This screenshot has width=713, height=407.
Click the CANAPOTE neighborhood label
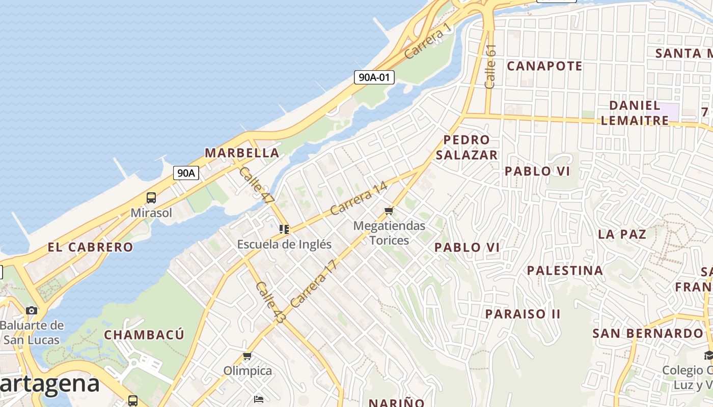[x=544, y=66]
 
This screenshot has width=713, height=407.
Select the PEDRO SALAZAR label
[x=467, y=147]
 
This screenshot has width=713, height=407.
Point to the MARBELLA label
[x=242, y=153]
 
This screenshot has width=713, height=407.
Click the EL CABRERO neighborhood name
[x=90, y=247]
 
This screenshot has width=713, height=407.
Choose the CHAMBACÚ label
[x=144, y=335]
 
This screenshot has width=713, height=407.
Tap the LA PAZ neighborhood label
[x=622, y=235]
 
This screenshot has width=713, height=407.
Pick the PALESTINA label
[x=565, y=270]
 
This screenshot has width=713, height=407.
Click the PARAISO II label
[x=523, y=314]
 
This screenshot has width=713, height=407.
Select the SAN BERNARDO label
[x=647, y=334]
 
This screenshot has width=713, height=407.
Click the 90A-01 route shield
[x=374, y=77]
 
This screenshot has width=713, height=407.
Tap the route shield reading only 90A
[x=186, y=173]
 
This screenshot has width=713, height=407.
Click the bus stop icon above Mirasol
[x=151, y=198]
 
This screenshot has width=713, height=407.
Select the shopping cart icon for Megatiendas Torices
[x=389, y=211]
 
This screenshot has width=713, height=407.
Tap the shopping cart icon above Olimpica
[x=248, y=356]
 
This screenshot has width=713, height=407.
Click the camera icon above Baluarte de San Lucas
[x=32, y=310]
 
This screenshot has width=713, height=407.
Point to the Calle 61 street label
[x=490, y=66]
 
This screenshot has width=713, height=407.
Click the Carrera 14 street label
[x=359, y=198]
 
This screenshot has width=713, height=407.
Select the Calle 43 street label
[x=270, y=302]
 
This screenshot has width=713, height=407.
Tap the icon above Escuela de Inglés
[x=284, y=229]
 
